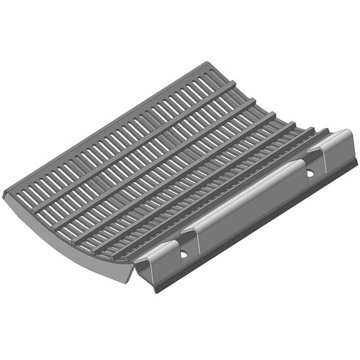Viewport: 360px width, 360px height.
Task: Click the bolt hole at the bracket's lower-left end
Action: [x=183, y=253]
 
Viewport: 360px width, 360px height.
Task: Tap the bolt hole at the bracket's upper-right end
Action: [x=310, y=173]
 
